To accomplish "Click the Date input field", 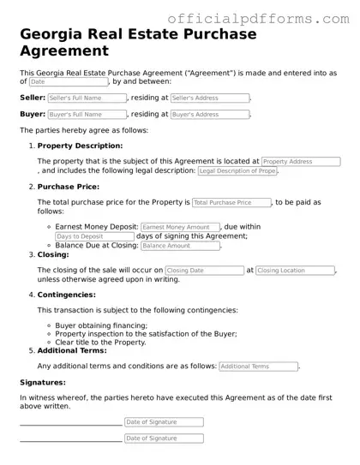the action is coord(69,82).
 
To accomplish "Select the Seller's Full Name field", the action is coord(87,98).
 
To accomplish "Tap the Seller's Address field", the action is coord(210,98).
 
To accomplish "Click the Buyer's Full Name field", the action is coord(87,114).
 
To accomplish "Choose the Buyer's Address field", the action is coord(210,114).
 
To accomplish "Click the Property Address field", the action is coord(300,161).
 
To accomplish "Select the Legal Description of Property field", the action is coord(237,171).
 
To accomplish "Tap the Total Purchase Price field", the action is coord(231,203).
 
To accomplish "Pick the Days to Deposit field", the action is coord(94,236).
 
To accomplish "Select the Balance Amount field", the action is coord(179,246).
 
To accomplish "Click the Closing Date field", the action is coord(204,271).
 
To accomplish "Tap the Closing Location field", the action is coord(294,271).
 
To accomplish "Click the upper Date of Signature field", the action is coord(163,422).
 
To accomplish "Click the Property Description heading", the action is coord(80,145).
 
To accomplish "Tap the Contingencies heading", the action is coord(66,295).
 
